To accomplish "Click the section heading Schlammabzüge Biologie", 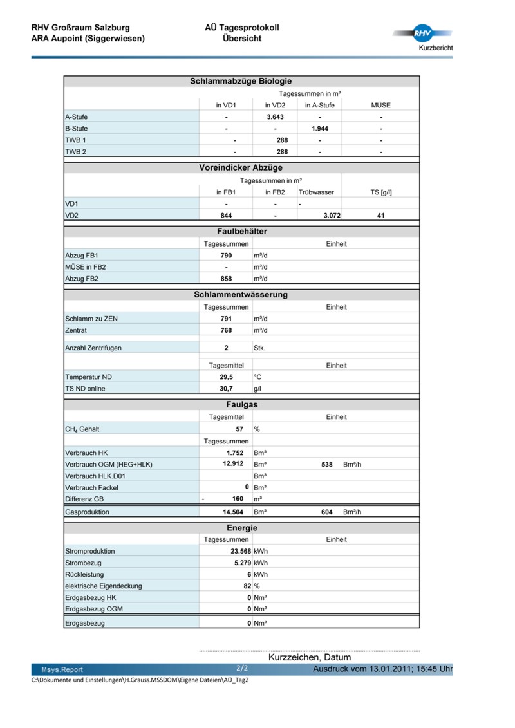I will (241, 81).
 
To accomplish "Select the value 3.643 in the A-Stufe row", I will (275, 117).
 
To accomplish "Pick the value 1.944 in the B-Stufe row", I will (320, 129).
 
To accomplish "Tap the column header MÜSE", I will (380, 106).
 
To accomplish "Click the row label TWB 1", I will (76, 140).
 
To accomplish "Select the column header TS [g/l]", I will (380, 192).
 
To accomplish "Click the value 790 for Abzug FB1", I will (226, 256).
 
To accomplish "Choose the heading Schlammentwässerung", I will (241, 295).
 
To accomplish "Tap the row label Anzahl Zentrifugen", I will (93, 348).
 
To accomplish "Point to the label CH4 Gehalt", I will (82, 429).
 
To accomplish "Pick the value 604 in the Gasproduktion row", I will (326, 512).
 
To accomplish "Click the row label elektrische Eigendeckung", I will (104, 586).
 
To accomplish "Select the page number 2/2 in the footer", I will (242, 669).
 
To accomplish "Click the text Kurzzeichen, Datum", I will (310, 657).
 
